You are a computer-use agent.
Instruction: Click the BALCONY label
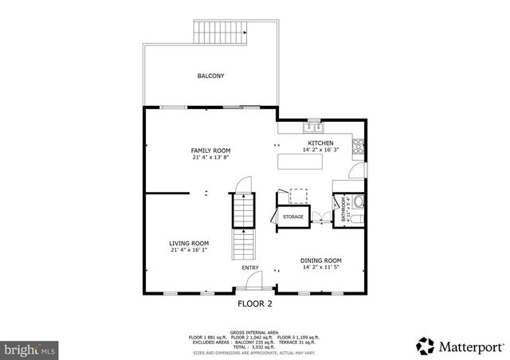tap(210, 76)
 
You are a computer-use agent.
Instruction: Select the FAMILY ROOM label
tap(210, 151)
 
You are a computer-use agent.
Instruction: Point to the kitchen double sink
tap(311, 127)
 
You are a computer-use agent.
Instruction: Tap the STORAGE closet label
tap(292, 217)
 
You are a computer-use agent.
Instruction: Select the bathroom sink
tap(358, 202)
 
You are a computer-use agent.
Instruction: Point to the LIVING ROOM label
tap(189, 243)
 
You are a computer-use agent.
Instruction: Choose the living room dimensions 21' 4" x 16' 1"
tap(189, 250)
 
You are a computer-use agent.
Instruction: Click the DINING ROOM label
tap(320, 260)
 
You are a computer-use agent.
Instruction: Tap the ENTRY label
tap(251, 268)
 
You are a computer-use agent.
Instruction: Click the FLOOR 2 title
tap(255, 303)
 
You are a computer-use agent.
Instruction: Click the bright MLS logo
tap(29, 349)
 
